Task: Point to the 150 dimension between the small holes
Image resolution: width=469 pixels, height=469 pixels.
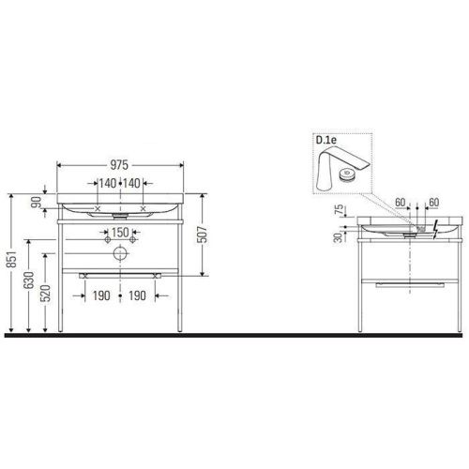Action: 121,232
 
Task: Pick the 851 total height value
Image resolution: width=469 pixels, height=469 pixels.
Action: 11,264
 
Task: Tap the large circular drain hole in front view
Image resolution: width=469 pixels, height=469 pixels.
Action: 121,253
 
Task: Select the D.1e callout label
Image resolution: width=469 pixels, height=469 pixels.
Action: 328,141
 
